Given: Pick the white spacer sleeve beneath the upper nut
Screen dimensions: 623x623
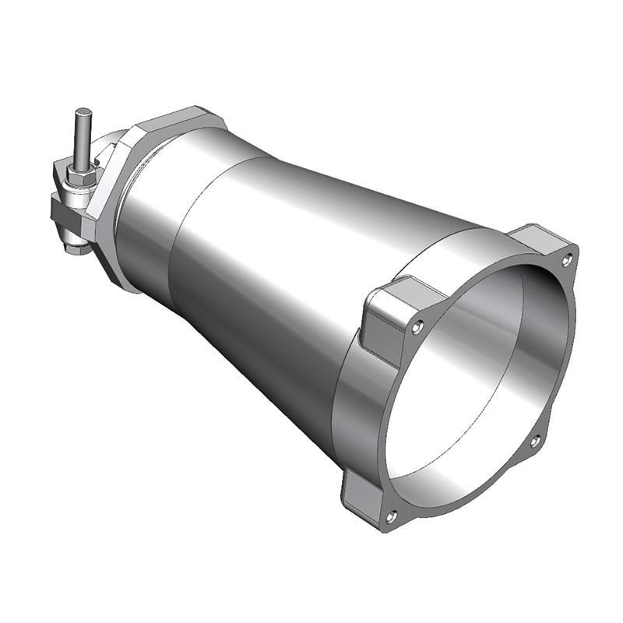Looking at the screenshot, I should [x=81, y=164].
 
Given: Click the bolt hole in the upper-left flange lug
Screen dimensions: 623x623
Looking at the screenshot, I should [x=418, y=326].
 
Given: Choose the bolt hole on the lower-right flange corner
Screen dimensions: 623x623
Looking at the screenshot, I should [x=534, y=442].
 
